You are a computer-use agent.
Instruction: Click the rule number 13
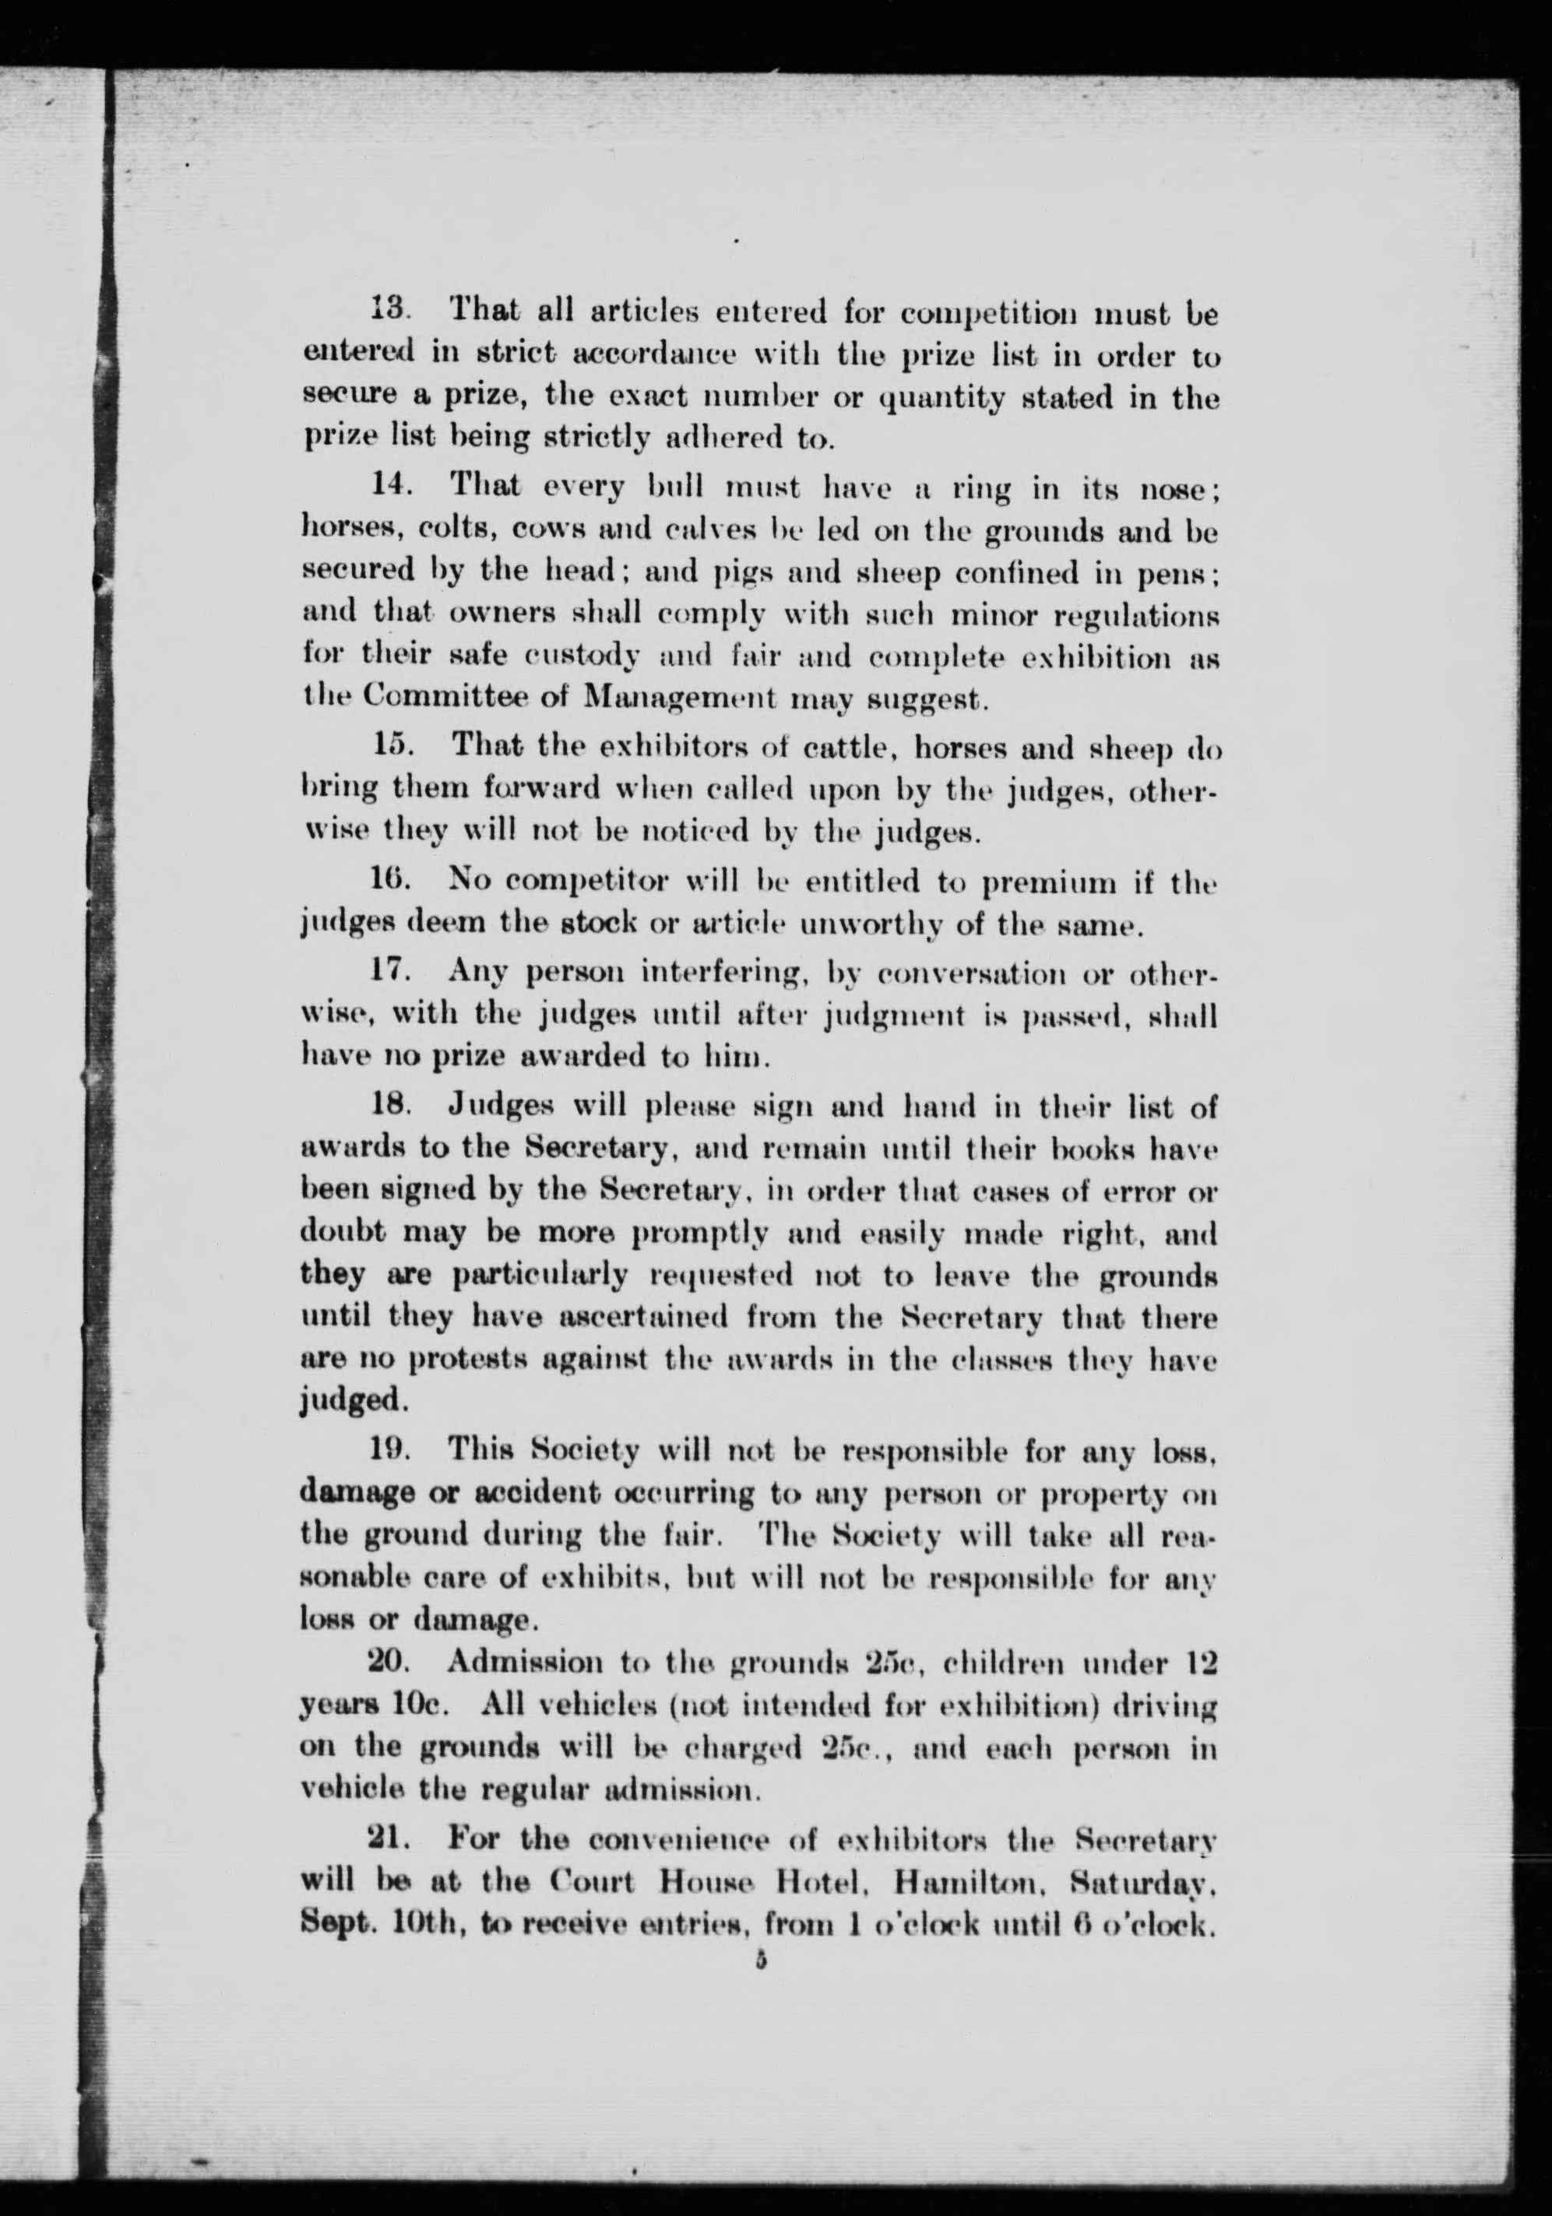(x=392, y=314)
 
